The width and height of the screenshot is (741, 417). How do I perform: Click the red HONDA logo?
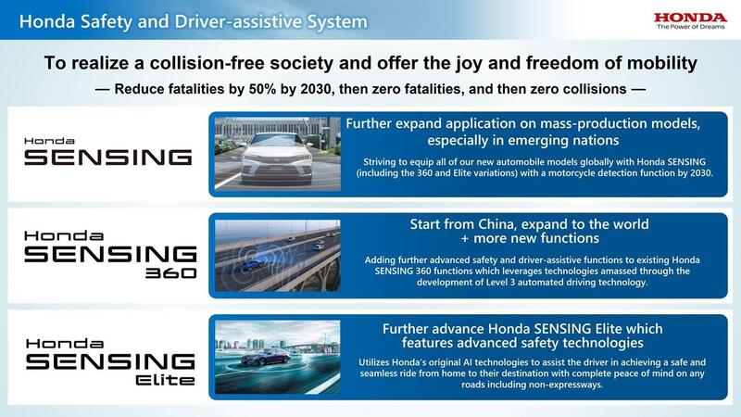point(690,18)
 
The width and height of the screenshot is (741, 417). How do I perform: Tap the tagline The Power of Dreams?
point(690,27)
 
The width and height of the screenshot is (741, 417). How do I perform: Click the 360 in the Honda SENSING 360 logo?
point(170,273)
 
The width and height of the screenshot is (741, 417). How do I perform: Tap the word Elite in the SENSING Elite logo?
point(165,380)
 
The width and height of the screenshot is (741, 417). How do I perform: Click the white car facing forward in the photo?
point(277,158)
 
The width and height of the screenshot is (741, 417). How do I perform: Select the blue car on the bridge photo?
point(253,266)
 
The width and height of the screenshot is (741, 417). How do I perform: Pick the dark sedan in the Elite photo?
point(265,357)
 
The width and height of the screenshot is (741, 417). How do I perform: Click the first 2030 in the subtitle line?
point(316,89)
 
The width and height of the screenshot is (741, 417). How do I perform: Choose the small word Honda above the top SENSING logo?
point(49,141)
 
